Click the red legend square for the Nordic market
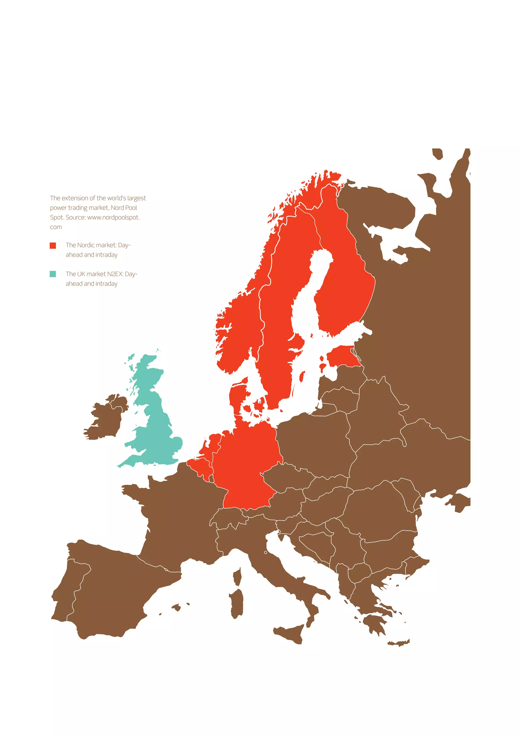coord(53,245)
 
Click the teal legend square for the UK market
coord(53,274)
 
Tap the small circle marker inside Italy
coord(265,553)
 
